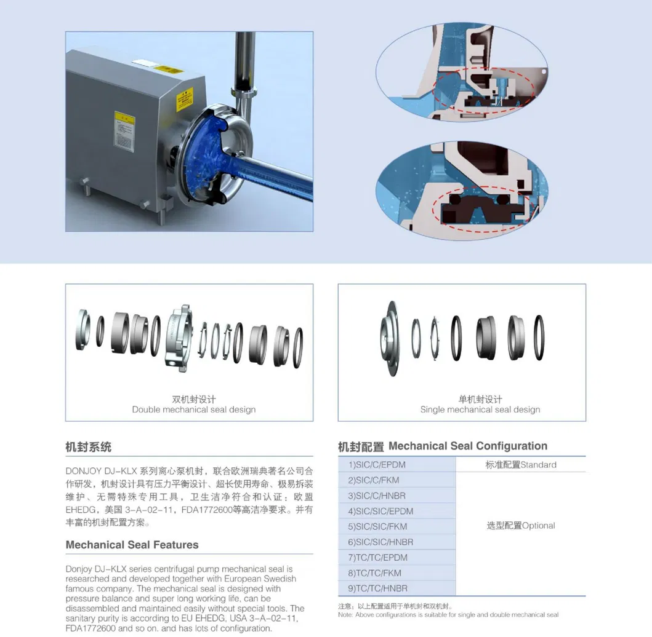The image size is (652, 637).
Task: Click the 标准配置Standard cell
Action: tap(521, 465)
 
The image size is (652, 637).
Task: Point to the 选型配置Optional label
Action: tap(521, 526)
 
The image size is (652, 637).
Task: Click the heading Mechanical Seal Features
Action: tap(132, 545)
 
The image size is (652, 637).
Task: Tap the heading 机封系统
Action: tap(88, 447)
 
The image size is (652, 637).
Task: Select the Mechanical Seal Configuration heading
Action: tap(442, 446)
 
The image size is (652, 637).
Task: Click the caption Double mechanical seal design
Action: tap(193, 410)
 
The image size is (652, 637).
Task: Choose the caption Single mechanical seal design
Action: tap(480, 410)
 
